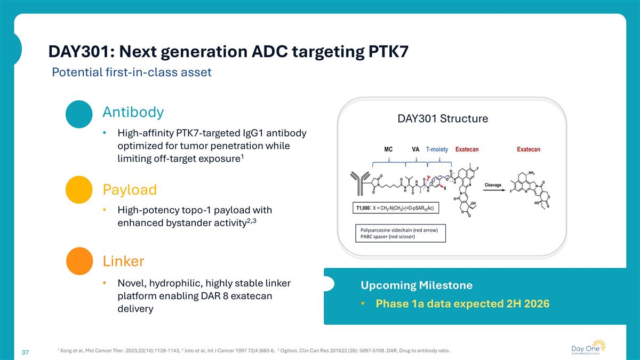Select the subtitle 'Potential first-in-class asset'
132,73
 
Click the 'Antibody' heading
133,112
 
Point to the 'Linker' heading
123,261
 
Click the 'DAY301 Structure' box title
443,118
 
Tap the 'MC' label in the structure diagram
389,149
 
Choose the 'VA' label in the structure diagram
416,149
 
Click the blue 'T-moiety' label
437,149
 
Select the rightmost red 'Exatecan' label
528,149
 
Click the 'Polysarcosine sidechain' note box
400,234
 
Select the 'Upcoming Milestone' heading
416,285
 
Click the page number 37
25,353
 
